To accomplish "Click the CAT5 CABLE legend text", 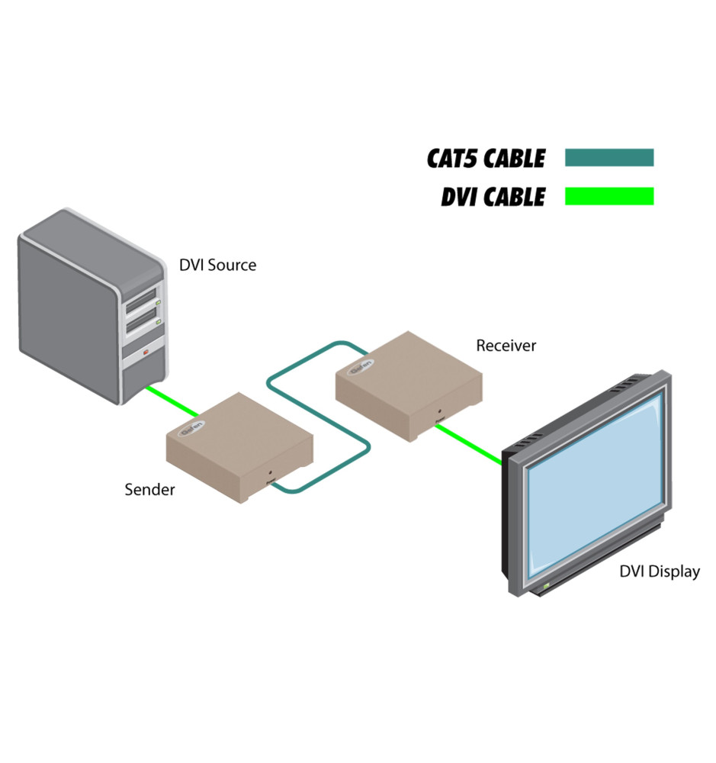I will tap(486, 158).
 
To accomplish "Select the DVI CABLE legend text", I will tap(493, 196).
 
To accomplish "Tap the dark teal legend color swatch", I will tap(608, 158).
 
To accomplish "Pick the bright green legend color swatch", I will tap(608, 196).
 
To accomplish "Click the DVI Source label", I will tap(217, 266).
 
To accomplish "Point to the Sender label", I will tap(149, 490).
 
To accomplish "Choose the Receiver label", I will tap(506, 346).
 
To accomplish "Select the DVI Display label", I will tap(659, 571).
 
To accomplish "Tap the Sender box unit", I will tap(238, 443).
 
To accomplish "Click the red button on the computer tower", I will tap(146, 353).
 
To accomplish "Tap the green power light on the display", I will tap(546, 586).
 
